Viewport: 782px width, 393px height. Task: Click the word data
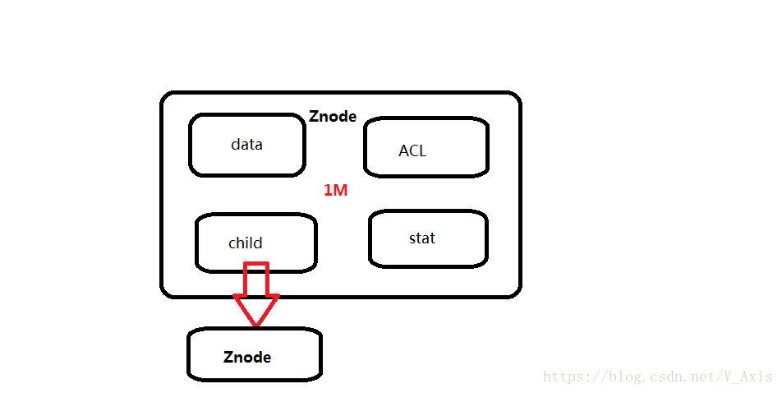246,145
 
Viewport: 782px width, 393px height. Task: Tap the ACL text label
412,150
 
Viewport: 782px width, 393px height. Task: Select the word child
246,243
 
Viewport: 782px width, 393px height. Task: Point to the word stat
422,238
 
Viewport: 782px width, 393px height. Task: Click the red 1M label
335,191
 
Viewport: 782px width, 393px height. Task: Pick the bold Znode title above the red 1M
333,117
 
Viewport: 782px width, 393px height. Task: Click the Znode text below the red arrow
247,358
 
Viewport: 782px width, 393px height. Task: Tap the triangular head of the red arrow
256,310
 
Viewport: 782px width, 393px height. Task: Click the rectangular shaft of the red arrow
256,278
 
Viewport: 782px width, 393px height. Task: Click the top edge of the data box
246,116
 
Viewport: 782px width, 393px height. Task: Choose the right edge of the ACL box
487,147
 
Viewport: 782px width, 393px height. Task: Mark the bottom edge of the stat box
427,266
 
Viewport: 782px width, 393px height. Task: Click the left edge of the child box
197,243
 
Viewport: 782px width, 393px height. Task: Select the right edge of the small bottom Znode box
320,355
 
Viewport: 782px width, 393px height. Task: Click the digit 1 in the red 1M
328,191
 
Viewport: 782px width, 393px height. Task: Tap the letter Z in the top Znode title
314,117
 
